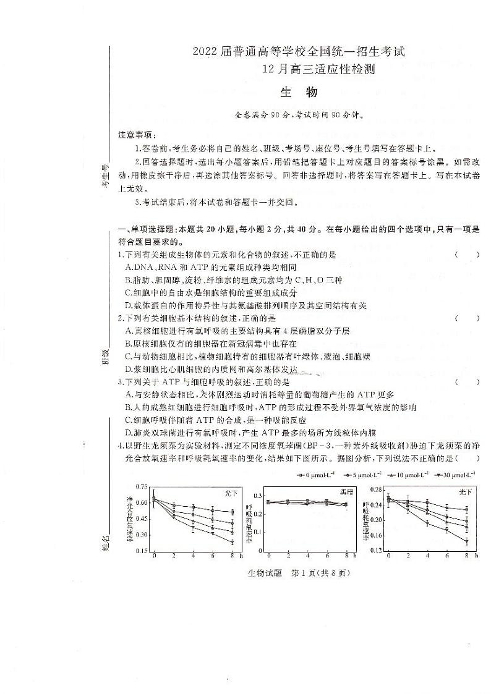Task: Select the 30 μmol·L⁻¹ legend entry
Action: tap(455, 475)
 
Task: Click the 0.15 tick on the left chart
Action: tap(143, 551)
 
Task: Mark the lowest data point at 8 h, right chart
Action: tap(466, 541)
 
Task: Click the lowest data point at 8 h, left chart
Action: tap(232, 542)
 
